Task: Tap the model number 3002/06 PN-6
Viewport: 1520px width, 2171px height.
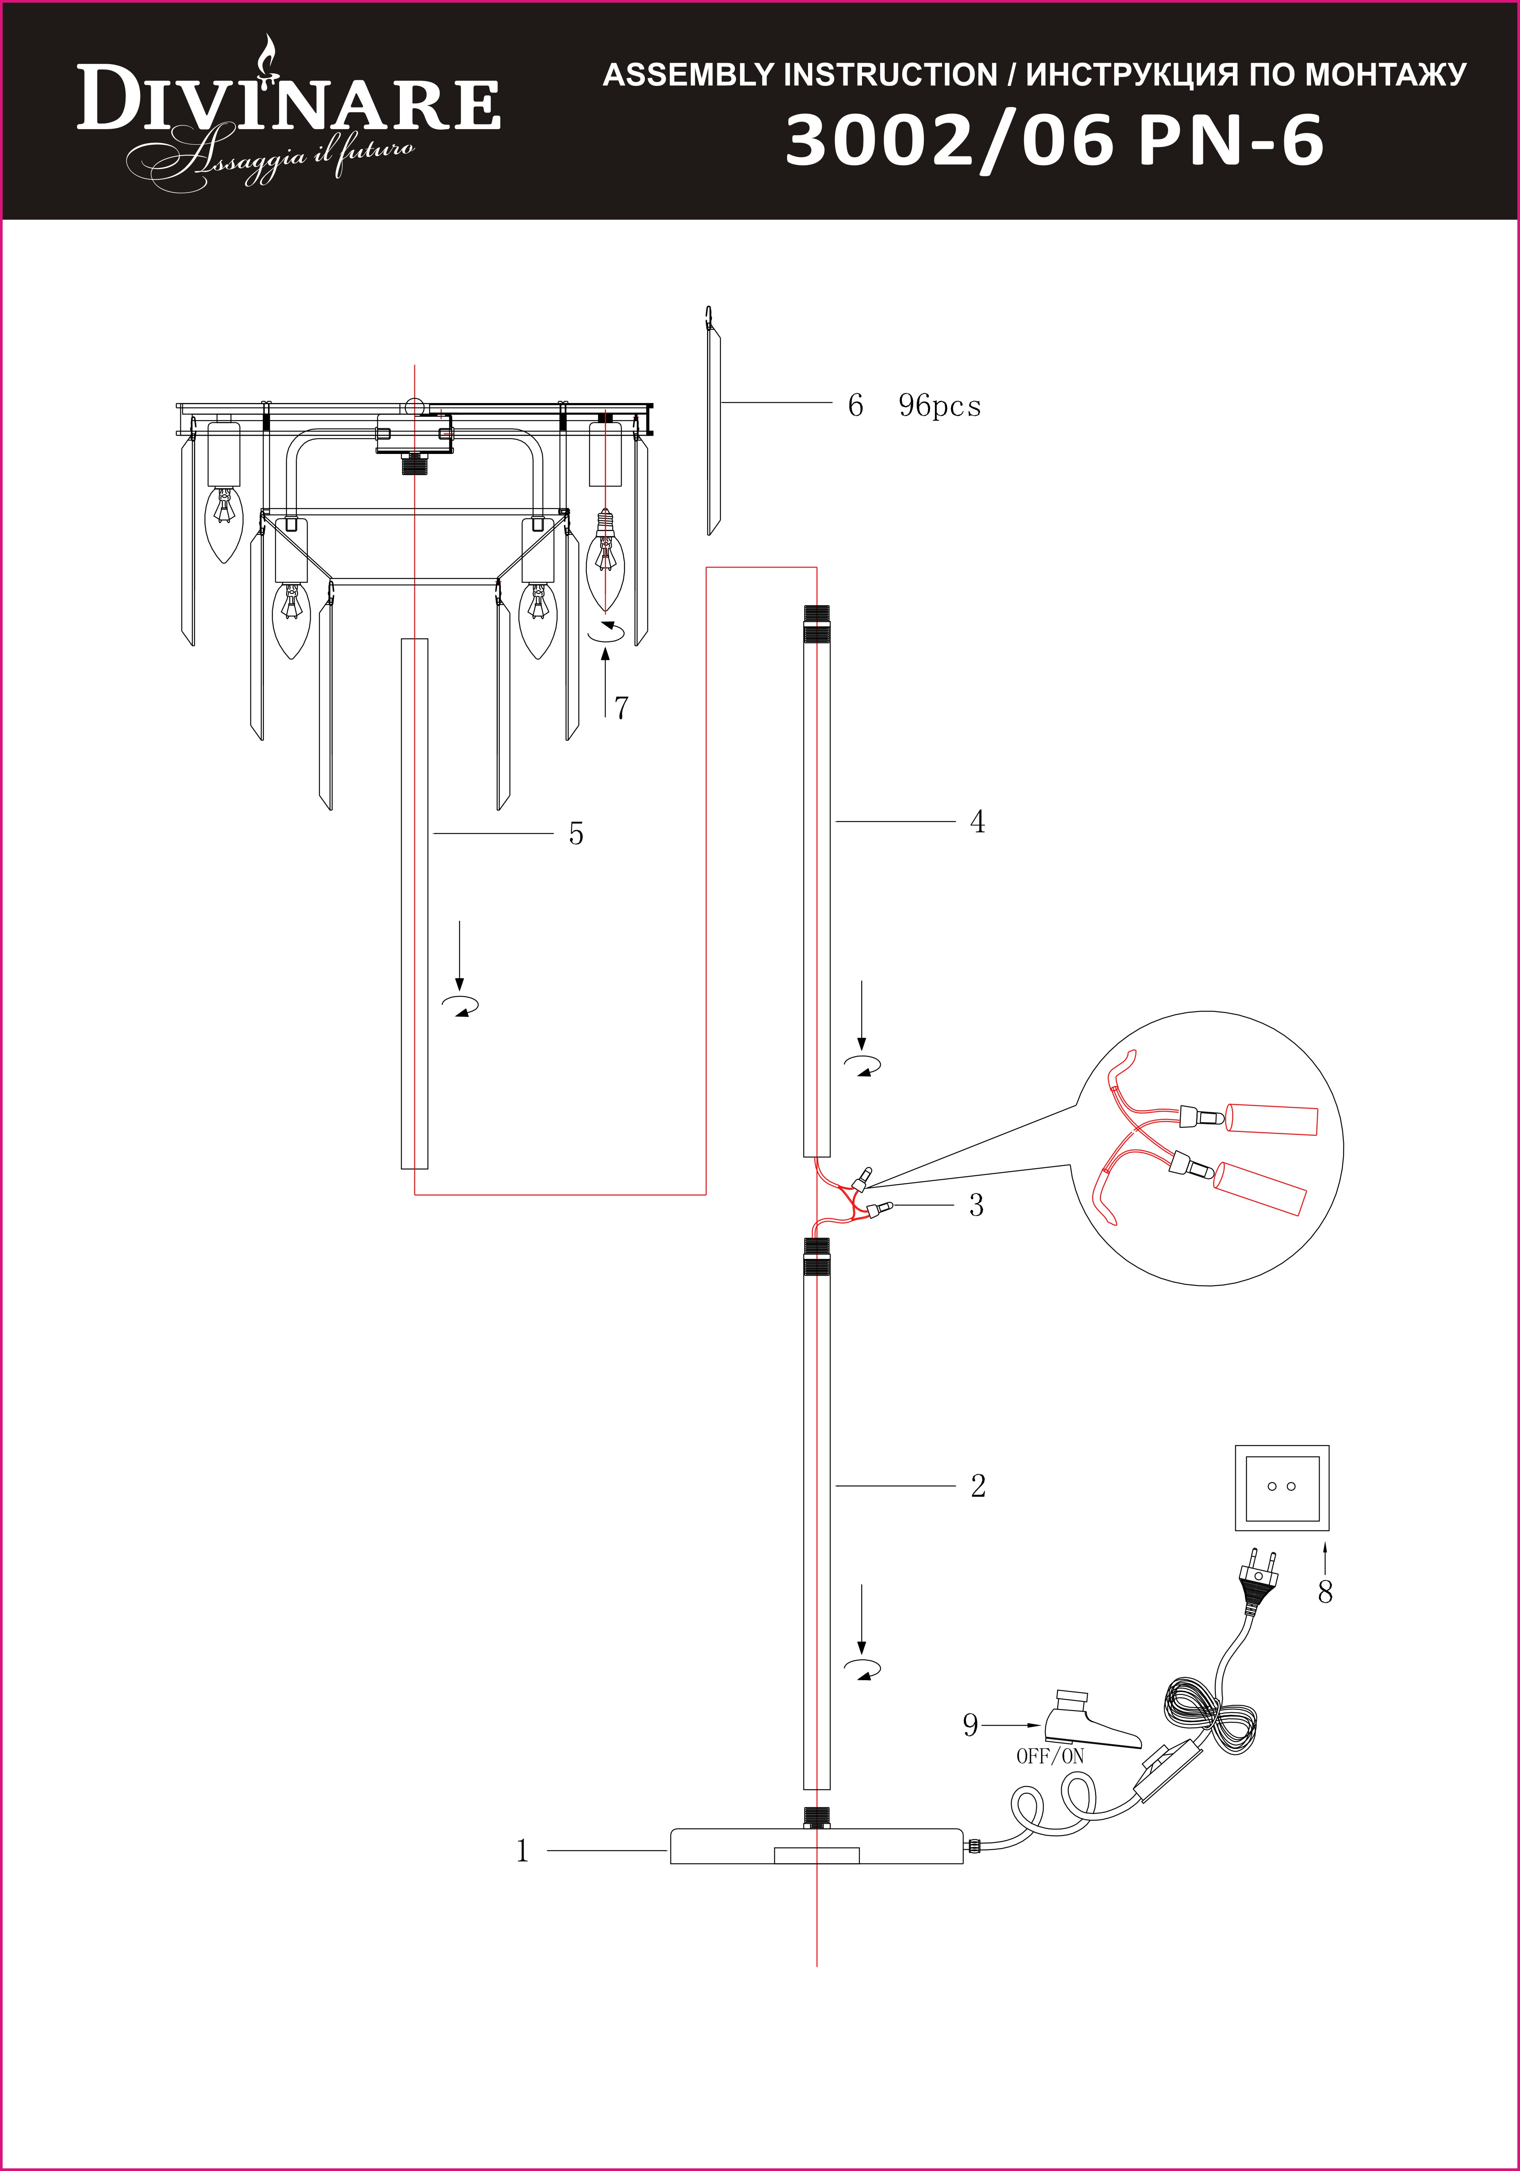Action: click(1054, 142)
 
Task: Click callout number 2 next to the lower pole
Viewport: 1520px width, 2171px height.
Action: click(977, 1485)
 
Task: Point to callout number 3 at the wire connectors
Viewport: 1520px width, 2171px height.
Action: click(975, 1206)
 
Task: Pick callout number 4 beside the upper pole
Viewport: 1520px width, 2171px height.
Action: click(977, 822)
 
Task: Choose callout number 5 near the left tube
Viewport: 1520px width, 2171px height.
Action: click(576, 834)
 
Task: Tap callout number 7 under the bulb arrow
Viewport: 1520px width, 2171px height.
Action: click(621, 707)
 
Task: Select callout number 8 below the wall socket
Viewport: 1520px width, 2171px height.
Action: click(1325, 1592)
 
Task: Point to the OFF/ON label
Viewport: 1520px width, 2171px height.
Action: click(1050, 1756)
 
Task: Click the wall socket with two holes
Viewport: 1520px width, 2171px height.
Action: click(1282, 1487)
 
